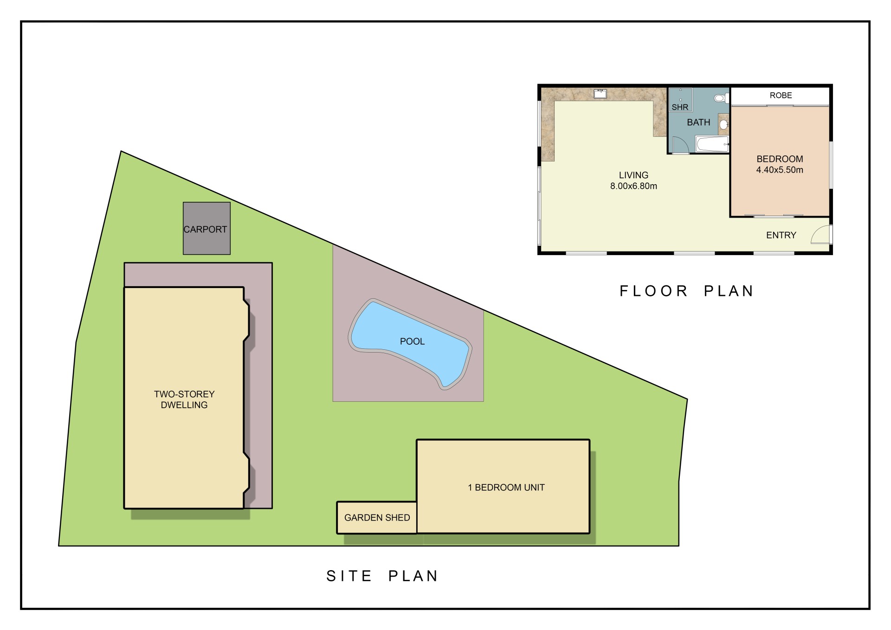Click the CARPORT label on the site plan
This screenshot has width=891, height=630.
[205, 229]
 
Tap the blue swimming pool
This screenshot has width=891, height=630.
[411, 343]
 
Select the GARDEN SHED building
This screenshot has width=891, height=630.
[377, 517]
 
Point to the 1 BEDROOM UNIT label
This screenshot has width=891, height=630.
[506, 488]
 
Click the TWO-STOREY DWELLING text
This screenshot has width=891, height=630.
[184, 399]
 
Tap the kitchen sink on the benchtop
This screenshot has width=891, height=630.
[600, 94]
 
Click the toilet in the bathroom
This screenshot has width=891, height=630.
[721, 98]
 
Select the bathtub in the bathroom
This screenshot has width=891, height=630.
[712, 144]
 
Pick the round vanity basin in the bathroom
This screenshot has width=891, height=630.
[723, 124]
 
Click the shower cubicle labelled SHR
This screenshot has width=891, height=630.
[680, 100]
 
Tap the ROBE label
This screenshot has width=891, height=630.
[781, 95]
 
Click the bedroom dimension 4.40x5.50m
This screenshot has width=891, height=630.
[780, 170]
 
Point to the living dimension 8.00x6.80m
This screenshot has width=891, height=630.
[633, 186]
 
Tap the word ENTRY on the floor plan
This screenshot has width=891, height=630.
[781, 235]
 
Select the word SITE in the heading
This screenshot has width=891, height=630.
[349, 576]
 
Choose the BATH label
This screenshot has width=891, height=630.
[698, 122]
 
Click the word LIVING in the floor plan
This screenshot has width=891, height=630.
[633, 175]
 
